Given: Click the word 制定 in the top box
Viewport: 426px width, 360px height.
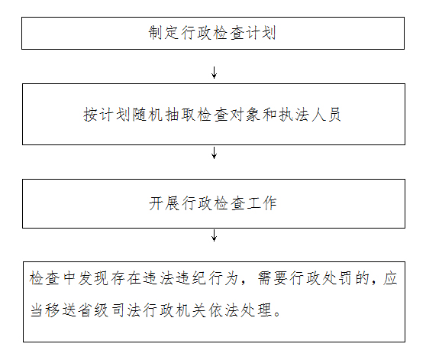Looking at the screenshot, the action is (x=164, y=33).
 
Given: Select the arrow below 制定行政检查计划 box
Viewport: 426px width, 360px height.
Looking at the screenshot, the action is (x=214, y=73).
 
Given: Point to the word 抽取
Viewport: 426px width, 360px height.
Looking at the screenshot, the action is (x=180, y=114).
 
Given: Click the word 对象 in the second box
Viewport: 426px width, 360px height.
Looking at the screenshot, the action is (x=245, y=114).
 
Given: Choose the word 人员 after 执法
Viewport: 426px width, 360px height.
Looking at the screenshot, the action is (x=326, y=114).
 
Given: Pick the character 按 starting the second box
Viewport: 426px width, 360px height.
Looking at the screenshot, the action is (x=91, y=114).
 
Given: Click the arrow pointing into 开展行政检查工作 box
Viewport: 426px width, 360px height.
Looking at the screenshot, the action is (x=214, y=153).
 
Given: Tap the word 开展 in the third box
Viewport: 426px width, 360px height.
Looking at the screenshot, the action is (x=164, y=203).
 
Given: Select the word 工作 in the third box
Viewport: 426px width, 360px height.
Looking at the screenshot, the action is (x=262, y=203).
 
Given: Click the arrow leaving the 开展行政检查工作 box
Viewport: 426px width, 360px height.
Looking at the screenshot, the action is (x=214, y=235).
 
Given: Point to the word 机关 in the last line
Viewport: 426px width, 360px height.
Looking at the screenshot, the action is (x=191, y=310).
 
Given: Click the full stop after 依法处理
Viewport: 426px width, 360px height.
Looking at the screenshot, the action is (x=277, y=314).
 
